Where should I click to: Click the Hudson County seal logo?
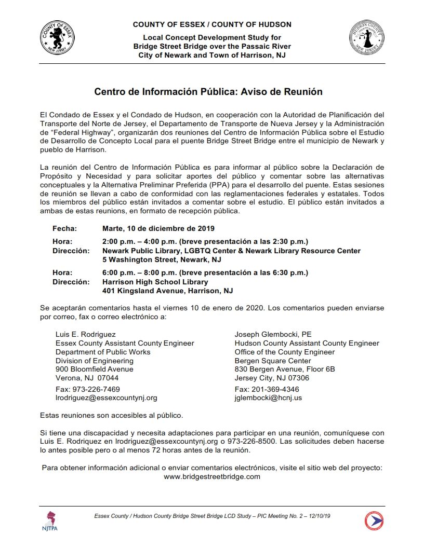(366, 40)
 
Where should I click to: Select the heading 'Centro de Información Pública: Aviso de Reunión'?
(208, 92)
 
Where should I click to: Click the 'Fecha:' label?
(64, 228)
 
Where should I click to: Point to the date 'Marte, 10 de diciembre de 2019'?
(158, 228)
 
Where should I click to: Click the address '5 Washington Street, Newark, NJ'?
(162, 259)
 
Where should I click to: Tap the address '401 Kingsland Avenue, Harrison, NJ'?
(167, 291)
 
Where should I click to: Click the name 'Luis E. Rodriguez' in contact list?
(86, 334)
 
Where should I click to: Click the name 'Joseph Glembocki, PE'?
(273, 334)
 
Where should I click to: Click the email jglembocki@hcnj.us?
(268, 398)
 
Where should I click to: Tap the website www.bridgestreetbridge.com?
(211, 476)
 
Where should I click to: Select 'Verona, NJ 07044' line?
(87, 378)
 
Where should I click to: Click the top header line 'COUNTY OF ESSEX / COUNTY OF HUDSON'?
(212, 24)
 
